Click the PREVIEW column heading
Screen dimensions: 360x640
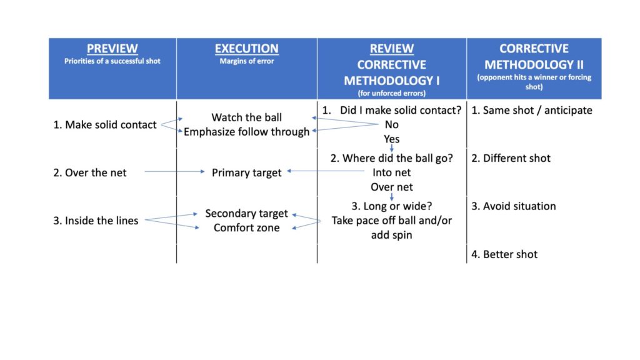click(112, 49)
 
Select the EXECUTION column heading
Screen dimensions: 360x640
click(247, 49)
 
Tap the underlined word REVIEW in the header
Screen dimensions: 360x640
click(392, 49)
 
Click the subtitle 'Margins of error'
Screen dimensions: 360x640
click(247, 61)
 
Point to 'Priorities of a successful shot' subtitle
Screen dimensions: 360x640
click(112, 61)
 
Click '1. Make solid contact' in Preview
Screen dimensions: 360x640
click(105, 125)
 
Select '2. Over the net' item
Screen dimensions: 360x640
click(89, 173)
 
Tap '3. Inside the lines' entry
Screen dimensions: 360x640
click(96, 221)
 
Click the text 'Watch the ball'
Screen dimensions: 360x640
click(247, 117)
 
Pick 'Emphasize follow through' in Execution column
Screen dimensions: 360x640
click(247, 132)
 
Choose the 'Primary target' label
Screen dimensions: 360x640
click(247, 173)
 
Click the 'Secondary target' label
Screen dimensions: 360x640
click(247, 214)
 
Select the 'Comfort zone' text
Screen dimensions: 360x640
click(247, 228)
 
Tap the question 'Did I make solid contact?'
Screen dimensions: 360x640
click(401, 111)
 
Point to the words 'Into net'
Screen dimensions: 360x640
click(392, 173)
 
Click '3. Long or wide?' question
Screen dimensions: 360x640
click(392, 206)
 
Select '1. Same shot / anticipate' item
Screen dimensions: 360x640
click(532, 111)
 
